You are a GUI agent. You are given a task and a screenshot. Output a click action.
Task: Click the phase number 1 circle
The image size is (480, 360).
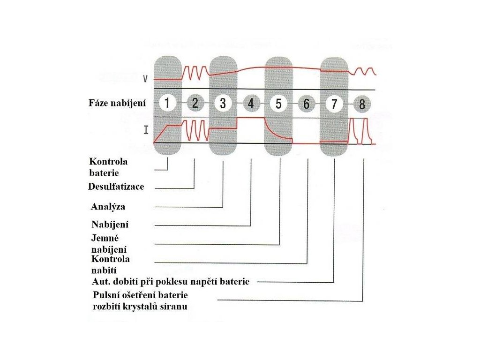pyautogui.click(x=167, y=104)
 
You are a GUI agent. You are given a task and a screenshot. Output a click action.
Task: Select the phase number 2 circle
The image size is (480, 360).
pyautogui.click(x=195, y=104)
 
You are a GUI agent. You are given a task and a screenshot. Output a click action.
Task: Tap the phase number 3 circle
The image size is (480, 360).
pyautogui.click(x=223, y=104)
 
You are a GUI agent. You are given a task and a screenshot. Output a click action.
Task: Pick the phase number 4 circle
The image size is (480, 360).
pyautogui.click(x=251, y=104)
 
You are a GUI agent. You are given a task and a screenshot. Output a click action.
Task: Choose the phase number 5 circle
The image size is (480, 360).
pyautogui.click(x=279, y=104)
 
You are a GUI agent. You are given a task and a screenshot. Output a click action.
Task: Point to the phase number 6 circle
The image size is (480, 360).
pyautogui.click(x=307, y=104)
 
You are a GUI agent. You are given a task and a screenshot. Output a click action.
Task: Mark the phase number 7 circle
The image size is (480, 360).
pyautogui.click(x=334, y=104)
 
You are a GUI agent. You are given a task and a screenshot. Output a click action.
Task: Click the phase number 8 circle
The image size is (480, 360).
pyautogui.click(x=362, y=104)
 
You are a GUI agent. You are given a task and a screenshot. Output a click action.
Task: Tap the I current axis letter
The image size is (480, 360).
pyautogui.click(x=146, y=130)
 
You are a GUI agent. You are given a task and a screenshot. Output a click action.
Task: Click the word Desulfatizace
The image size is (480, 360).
pyautogui.click(x=116, y=187)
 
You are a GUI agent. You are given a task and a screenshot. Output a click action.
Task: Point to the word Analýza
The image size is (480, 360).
pyautogui.click(x=108, y=206)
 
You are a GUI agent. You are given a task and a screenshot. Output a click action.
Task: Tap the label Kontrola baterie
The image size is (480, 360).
pyautogui.click(x=108, y=167)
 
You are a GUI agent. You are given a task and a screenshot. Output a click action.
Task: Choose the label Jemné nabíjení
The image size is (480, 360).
pyautogui.click(x=109, y=244)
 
